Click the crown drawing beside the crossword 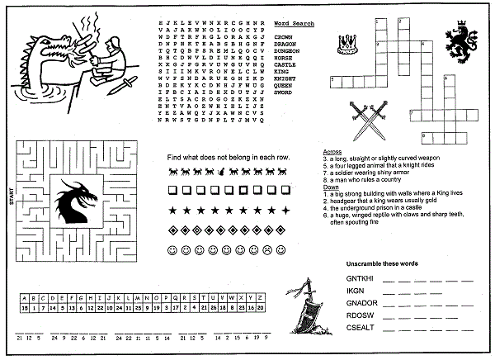coord(348,40)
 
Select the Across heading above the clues coord(332,152)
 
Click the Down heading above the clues coord(330,187)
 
